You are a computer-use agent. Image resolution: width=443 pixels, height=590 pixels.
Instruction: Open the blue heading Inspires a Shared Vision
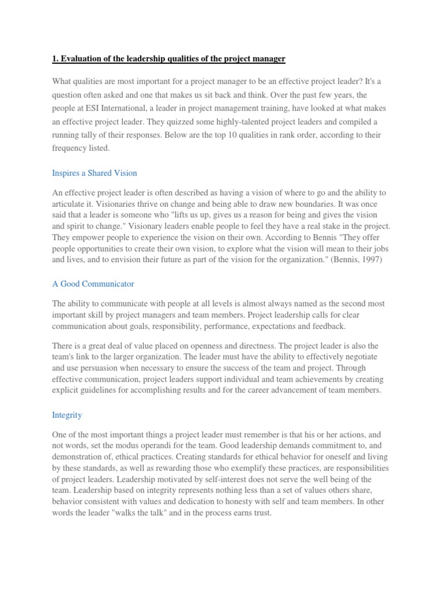[95, 173]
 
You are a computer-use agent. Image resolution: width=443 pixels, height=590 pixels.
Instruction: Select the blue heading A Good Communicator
[93, 283]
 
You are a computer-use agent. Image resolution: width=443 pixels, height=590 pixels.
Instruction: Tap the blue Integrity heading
[67, 415]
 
